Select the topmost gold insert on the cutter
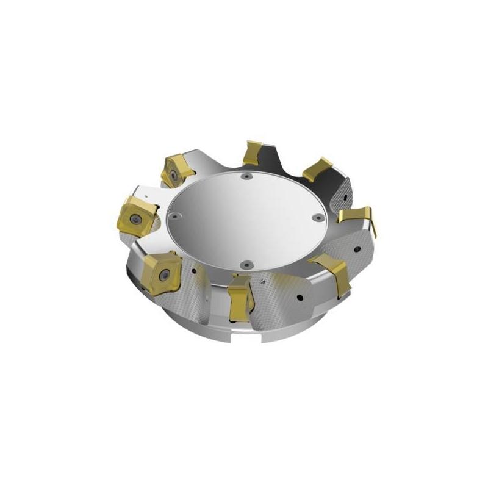point(251,152)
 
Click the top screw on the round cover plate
point(245,176)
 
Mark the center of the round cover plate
point(244,220)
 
